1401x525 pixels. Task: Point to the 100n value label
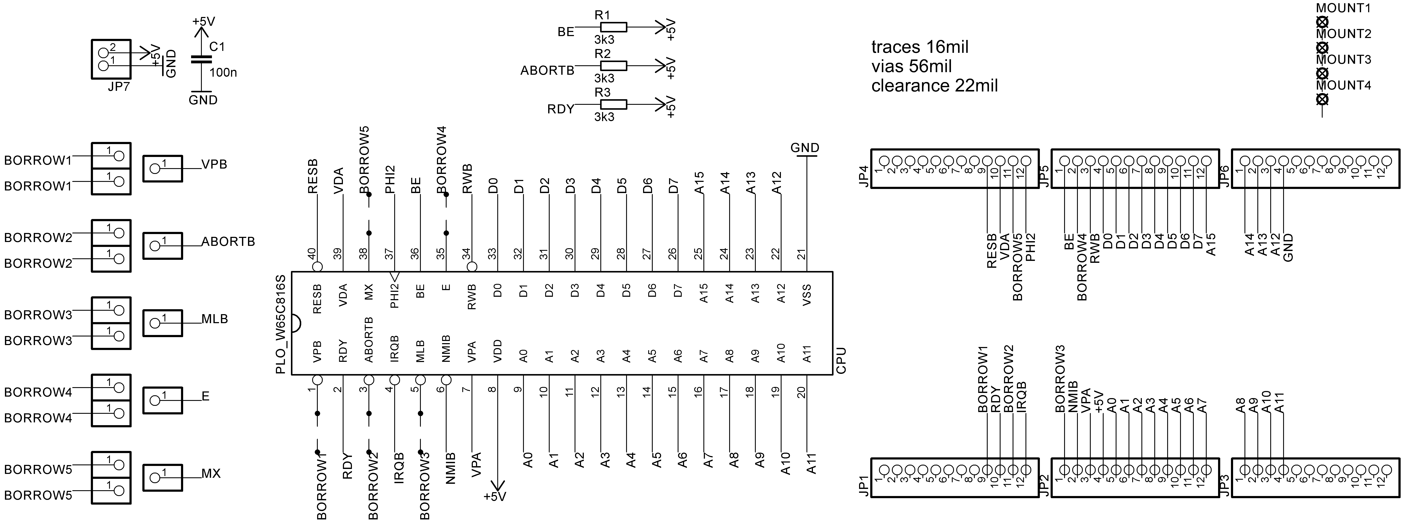[x=223, y=72]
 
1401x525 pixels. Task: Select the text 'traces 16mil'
[x=920, y=47]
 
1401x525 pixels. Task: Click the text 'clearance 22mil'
[x=934, y=86]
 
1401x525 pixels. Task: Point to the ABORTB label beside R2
[x=547, y=71]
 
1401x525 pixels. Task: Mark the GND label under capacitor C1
[x=203, y=100]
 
